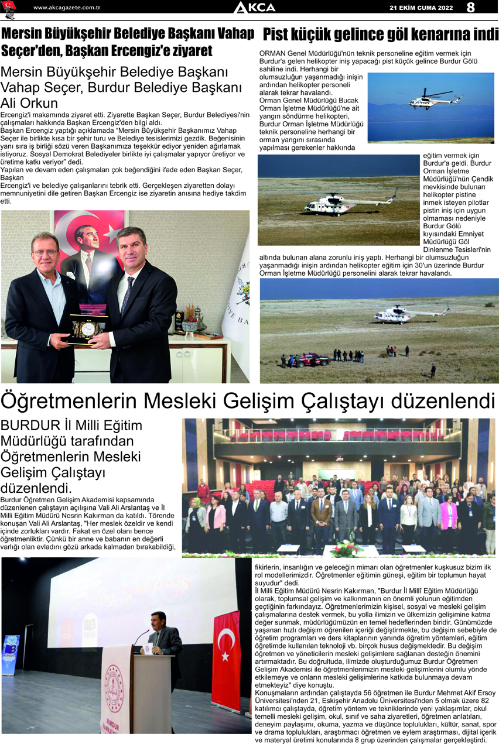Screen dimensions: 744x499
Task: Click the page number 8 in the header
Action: pyautogui.click(x=470, y=8)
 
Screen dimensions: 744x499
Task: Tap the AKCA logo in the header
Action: pyautogui.click(x=254, y=8)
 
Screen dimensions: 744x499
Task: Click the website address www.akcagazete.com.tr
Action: pyautogui.click(x=67, y=8)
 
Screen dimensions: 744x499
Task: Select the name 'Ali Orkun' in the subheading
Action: pyautogui.click(x=29, y=102)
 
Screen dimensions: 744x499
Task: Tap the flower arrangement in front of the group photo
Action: pyautogui.click(x=346, y=549)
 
